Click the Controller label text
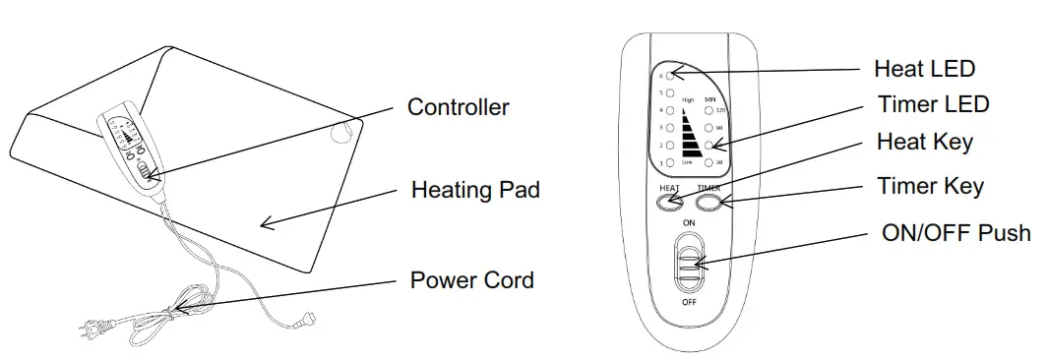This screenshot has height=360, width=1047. coord(459,107)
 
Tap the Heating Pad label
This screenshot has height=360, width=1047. coord(475,190)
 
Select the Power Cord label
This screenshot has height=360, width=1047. coord(471,280)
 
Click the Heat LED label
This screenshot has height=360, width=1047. coord(924,69)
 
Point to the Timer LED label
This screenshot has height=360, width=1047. coord(933,104)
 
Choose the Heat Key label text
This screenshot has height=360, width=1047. coord(925,142)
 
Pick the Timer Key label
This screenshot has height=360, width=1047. coord(930,186)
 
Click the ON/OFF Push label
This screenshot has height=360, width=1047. coord(955,233)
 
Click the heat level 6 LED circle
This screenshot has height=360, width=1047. coord(670,74)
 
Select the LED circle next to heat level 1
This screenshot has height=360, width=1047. coord(670,161)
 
